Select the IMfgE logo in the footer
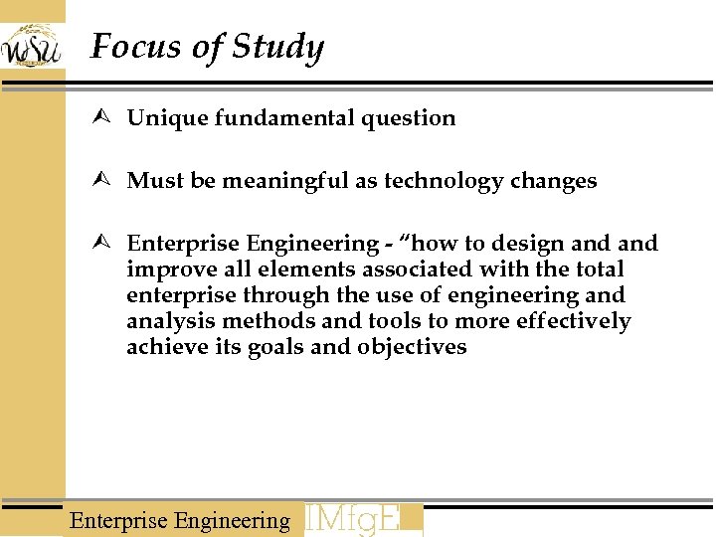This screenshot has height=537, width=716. tap(363, 520)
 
